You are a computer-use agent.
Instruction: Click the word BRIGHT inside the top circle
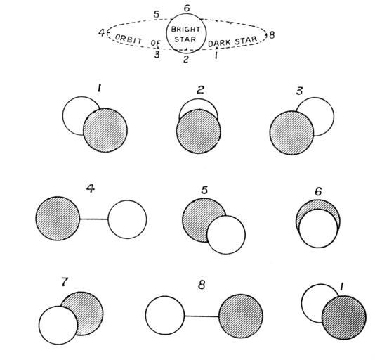point(185,30)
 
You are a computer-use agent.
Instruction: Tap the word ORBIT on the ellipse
point(129,39)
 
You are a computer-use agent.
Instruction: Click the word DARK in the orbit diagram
point(219,43)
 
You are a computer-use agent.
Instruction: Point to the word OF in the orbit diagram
point(155,43)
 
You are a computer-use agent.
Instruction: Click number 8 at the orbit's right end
point(272,35)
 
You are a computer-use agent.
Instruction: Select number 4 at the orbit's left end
point(102,32)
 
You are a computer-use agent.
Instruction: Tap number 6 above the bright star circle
point(187,8)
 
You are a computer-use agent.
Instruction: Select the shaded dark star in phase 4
point(58,219)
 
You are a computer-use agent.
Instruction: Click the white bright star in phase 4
point(127,219)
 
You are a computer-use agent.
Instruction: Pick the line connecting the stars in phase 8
point(202,316)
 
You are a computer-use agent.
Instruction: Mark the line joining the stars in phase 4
point(94,219)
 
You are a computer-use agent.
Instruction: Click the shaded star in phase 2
point(199,131)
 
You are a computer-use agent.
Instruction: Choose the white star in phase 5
point(226,235)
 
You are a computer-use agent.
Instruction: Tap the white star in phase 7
point(58,326)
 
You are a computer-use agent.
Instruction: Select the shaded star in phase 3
point(291,133)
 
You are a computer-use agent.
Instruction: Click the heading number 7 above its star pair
point(65,282)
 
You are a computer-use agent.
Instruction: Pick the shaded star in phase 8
point(241,316)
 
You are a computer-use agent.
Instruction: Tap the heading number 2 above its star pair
point(200,90)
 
